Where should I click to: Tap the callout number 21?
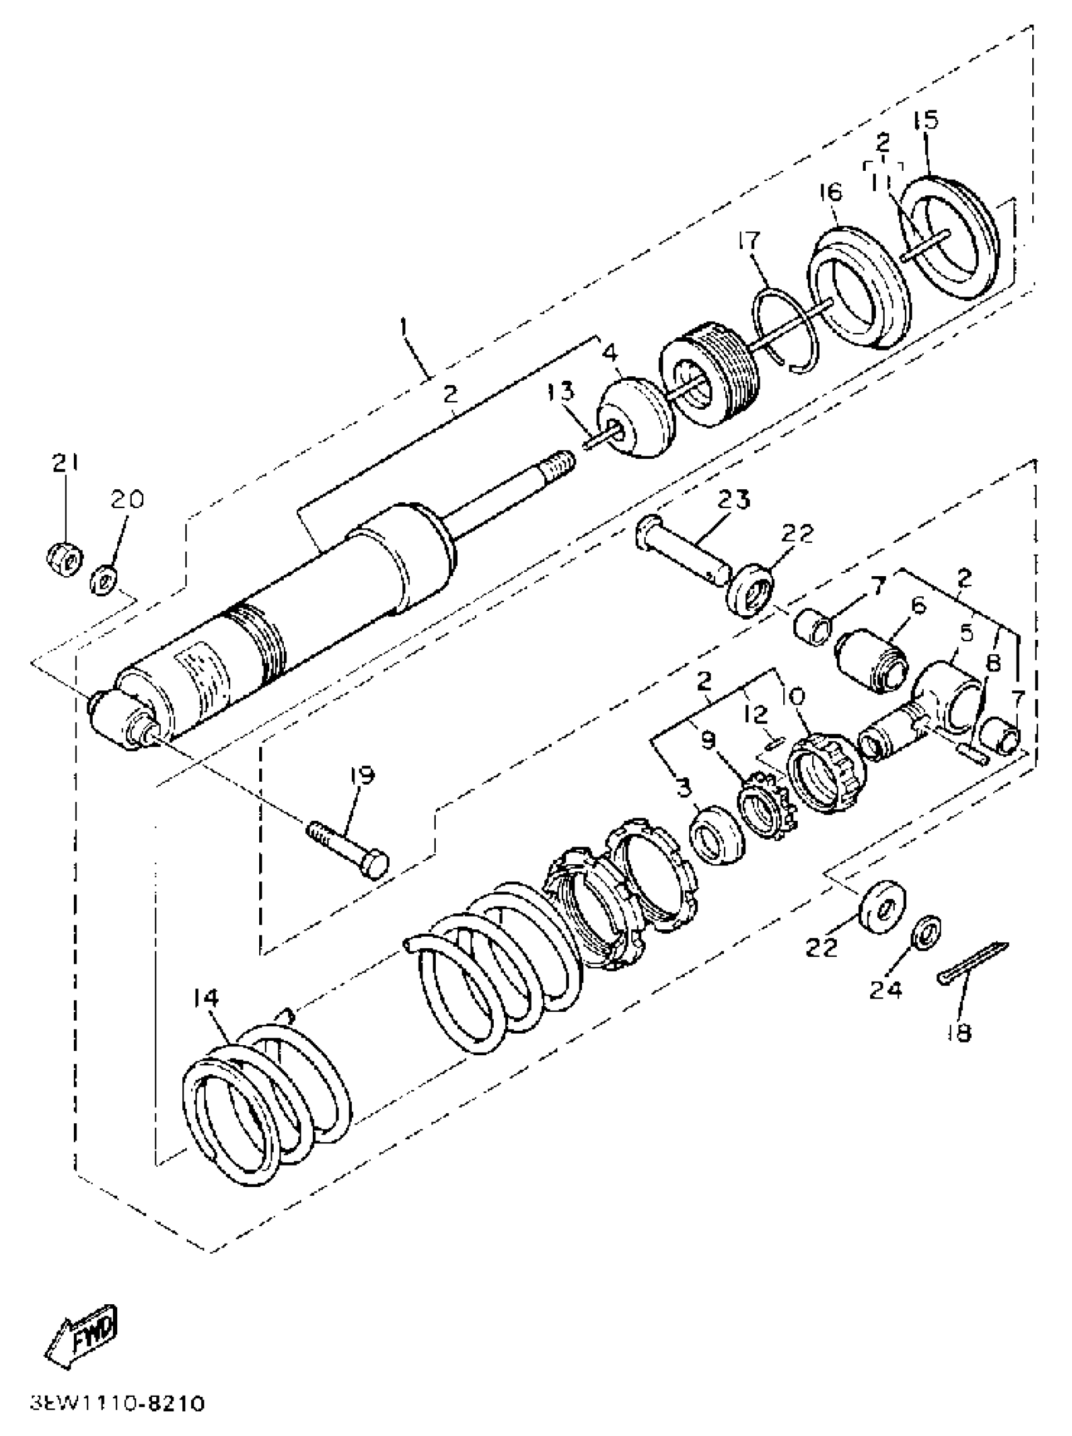tap(65, 463)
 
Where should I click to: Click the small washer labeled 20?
tap(103, 579)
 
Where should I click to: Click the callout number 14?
tap(206, 997)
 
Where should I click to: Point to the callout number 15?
tap(926, 120)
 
